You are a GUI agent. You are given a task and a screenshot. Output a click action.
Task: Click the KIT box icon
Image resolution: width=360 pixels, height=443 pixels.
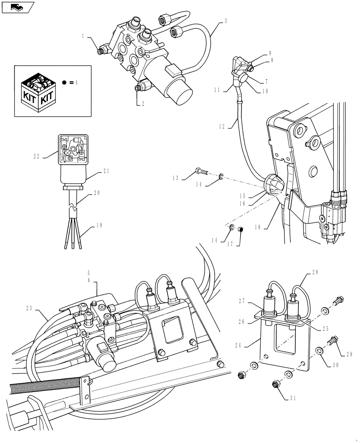pyautogui.click(x=39, y=92)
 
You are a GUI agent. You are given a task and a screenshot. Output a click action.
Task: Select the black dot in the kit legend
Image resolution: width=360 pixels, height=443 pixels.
pyautogui.click(x=65, y=83)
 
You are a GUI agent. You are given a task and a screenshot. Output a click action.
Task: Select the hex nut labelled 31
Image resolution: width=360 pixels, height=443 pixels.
pyautogui.click(x=274, y=382)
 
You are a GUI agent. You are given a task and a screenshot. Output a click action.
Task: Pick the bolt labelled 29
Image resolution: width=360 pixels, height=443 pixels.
pyautogui.click(x=332, y=341)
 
